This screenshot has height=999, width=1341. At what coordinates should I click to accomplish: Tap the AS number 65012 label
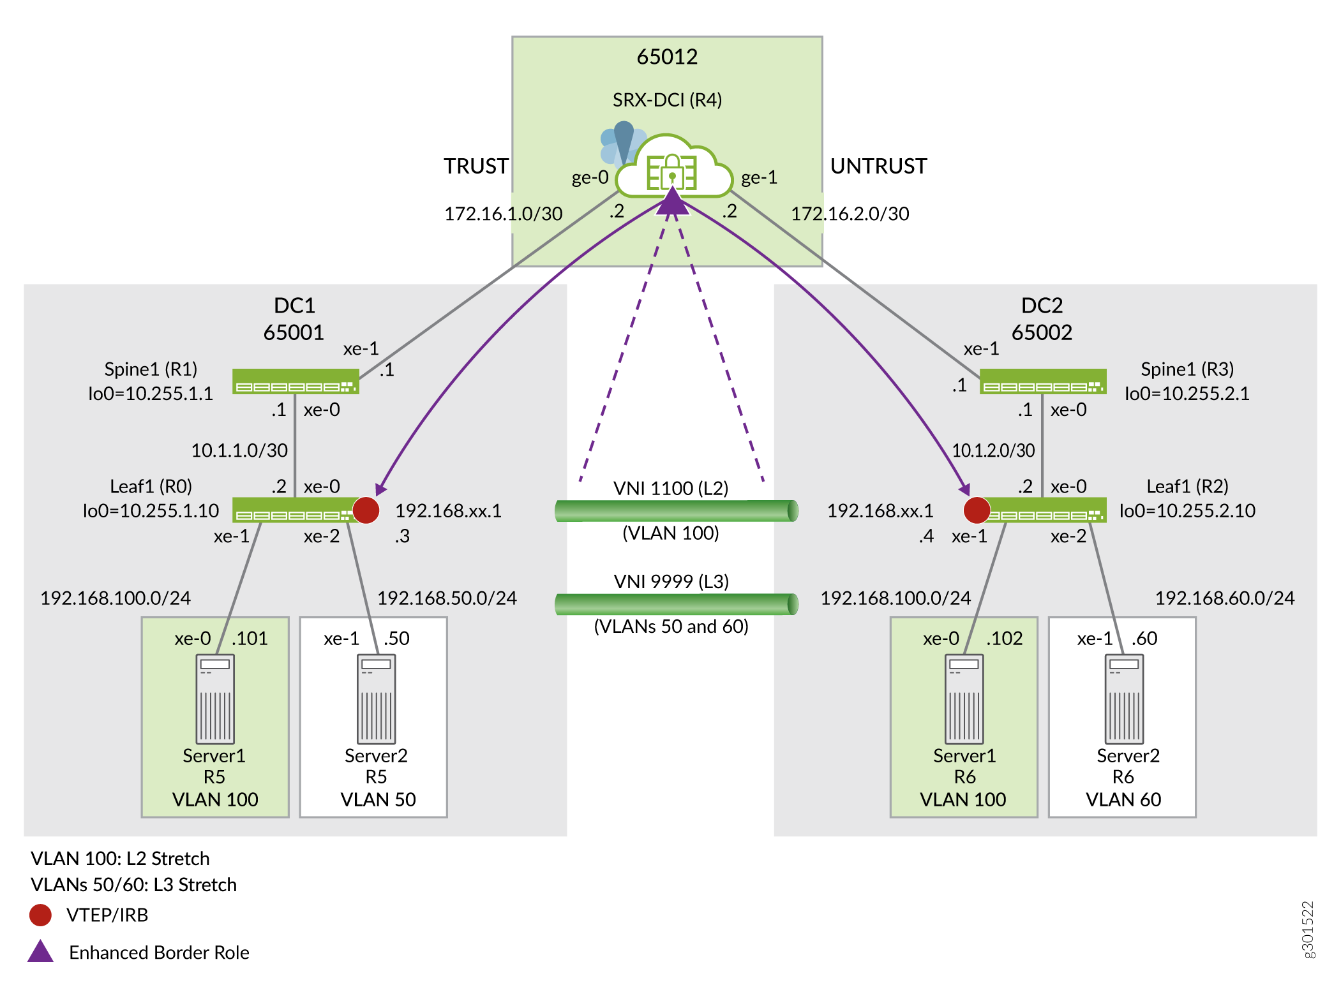pos(667,57)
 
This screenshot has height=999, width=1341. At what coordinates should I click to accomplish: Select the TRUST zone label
pos(476,166)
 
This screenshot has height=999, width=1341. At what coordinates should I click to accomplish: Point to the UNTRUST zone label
pos(878,166)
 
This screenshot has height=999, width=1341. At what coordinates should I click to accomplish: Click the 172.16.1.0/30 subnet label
pos(503,214)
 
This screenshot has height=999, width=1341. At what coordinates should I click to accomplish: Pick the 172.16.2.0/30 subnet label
pos(850,214)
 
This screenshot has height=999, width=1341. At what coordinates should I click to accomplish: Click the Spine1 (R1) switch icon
pos(295,381)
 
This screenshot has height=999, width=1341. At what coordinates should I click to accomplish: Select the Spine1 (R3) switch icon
pos(1042,381)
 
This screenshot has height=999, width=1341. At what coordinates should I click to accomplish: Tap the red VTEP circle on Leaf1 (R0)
pos(366,510)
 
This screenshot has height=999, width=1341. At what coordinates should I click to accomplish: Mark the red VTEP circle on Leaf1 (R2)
pos(977,510)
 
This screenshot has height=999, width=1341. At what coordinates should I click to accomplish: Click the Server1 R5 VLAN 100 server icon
pos(215,699)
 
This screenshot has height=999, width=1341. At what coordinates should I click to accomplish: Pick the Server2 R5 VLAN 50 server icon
pos(377,699)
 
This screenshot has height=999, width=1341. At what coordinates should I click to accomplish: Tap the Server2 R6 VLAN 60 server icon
pos(1124,699)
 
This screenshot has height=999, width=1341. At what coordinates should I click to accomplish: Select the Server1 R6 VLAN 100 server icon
pos(964,699)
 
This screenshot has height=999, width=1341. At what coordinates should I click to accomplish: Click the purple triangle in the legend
pos(40,952)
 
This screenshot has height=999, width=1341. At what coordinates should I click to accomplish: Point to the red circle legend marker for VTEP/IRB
pos(40,915)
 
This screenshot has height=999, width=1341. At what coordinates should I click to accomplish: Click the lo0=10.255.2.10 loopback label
pos(1187,511)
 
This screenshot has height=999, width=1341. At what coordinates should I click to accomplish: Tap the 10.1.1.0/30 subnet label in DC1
pos(239,450)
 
